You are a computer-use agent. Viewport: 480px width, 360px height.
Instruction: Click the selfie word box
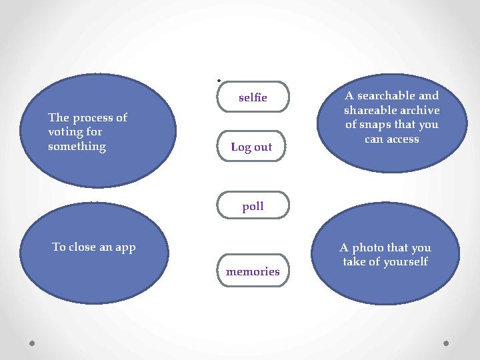(253, 97)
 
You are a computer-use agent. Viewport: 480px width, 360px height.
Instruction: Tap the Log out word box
(251, 146)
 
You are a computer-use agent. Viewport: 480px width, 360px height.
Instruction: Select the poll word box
(253, 205)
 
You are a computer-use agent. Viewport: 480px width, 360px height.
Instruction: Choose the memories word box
(253, 270)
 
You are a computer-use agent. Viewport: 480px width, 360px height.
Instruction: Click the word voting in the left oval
(64, 132)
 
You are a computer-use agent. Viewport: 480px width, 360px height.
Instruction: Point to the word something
(77, 146)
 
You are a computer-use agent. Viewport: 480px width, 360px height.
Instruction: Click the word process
(89, 118)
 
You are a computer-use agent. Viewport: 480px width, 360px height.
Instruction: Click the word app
(125, 248)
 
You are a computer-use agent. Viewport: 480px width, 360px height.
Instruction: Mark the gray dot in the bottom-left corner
(32, 343)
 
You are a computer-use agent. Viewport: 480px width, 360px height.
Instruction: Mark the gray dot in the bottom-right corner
(446, 343)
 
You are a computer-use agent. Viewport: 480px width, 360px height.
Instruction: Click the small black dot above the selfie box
(219, 81)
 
